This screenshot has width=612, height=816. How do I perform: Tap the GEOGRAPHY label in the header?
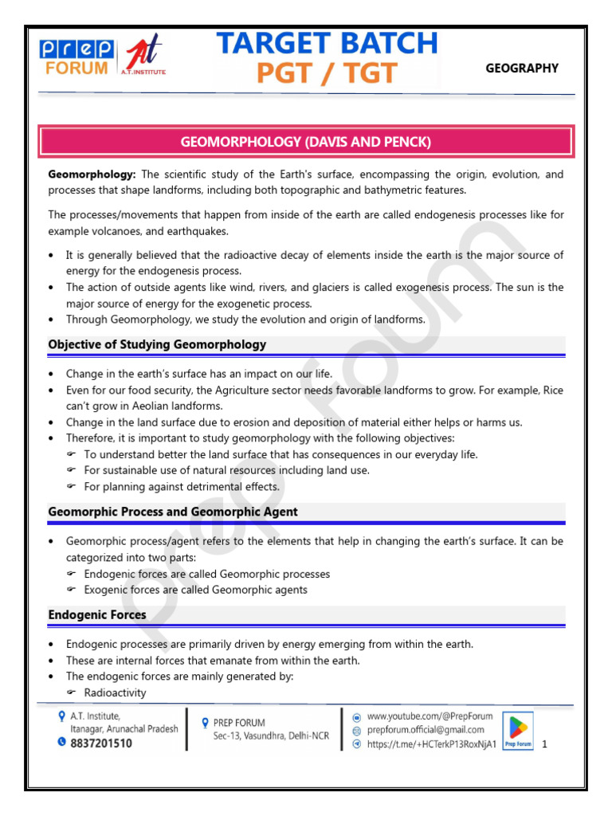(522, 69)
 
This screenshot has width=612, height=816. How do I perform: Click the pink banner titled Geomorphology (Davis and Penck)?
(306, 142)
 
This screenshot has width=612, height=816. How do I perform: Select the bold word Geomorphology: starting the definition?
(92, 175)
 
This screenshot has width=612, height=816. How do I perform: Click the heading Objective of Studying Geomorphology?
(157, 344)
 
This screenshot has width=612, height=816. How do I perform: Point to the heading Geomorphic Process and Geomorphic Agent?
(173, 512)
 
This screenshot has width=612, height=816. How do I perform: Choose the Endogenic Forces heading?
(97, 614)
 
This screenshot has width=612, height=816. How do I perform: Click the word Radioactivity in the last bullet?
(115, 692)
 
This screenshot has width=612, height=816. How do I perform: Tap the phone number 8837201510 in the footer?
(101, 743)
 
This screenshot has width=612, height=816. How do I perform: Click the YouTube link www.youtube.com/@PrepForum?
(430, 716)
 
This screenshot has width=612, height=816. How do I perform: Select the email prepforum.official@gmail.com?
(426, 730)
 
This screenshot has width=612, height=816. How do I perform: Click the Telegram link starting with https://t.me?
(431, 743)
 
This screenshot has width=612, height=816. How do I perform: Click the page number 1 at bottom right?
(544, 744)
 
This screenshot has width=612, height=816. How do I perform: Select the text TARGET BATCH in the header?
(328, 43)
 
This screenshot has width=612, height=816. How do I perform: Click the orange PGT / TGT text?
(326, 73)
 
